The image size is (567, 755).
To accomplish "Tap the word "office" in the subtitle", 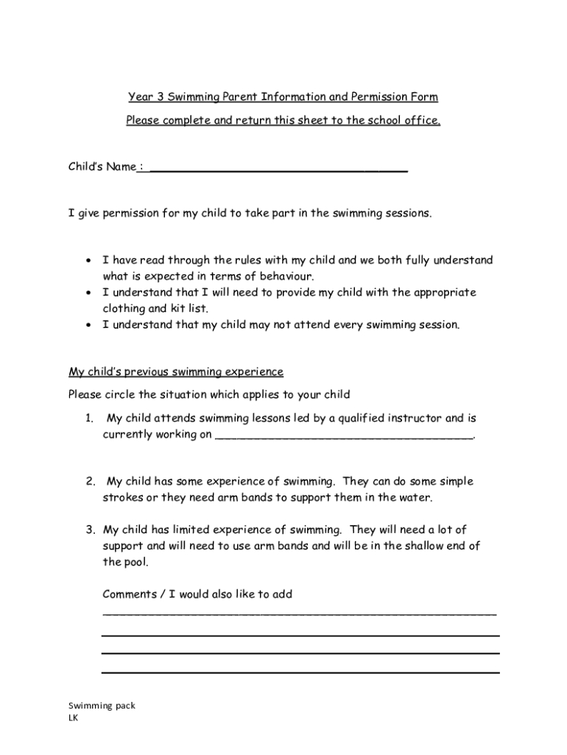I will coord(420,121).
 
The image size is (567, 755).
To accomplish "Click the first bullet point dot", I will coord(88,261).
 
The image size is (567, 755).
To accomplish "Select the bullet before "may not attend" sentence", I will coord(88,325).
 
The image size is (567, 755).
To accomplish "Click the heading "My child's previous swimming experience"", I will coord(175,371).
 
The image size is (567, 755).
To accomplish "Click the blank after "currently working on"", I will coord(343,436).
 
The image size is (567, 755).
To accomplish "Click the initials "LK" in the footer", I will coord(73,717).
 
